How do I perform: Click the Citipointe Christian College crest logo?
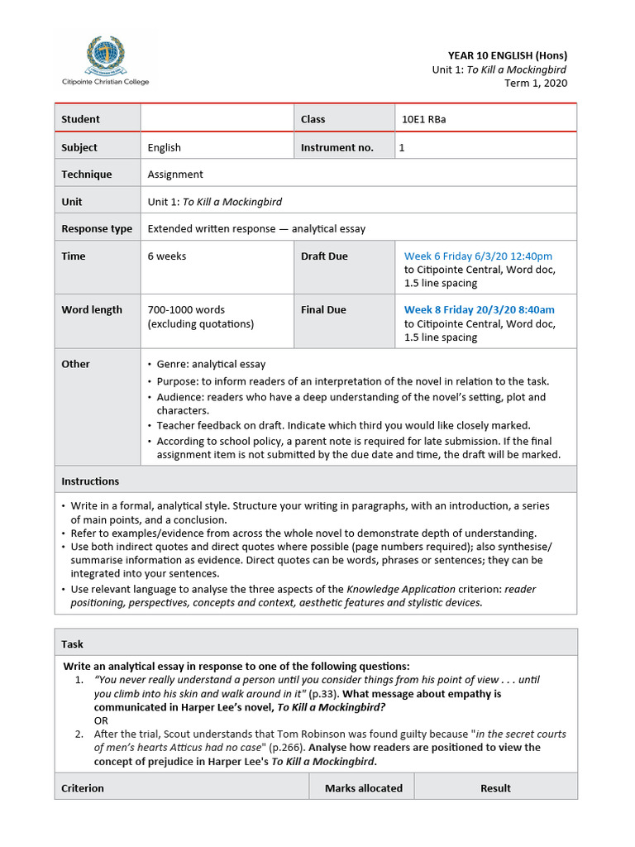click(x=105, y=55)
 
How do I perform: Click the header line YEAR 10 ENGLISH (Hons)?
click(x=508, y=55)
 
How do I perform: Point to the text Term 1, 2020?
click(x=536, y=83)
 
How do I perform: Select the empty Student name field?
click(x=217, y=119)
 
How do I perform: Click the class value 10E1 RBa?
click(x=424, y=119)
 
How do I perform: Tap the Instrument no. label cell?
click(x=337, y=147)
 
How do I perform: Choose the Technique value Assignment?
click(x=175, y=175)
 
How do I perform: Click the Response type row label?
click(x=96, y=228)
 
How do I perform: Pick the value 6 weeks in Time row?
click(x=167, y=256)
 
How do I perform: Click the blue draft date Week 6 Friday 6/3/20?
click(x=478, y=256)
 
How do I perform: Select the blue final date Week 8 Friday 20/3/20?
click(x=479, y=309)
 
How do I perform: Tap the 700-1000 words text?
click(x=186, y=309)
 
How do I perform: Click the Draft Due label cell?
click(x=324, y=256)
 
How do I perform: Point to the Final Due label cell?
click(x=323, y=309)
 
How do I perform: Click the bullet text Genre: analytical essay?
click(x=211, y=364)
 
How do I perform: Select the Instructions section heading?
click(x=90, y=481)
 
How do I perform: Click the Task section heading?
click(x=73, y=644)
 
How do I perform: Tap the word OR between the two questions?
click(x=101, y=720)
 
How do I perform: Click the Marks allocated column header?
click(x=363, y=787)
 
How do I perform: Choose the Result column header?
click(x=495, y=787)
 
